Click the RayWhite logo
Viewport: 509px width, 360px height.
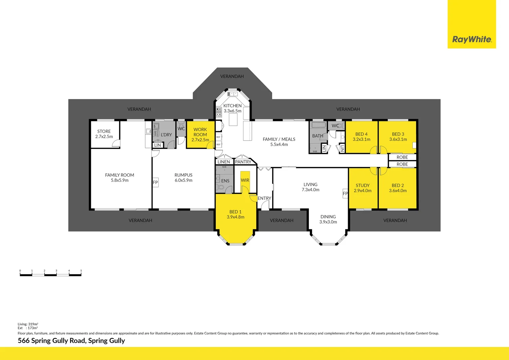click(472, 39)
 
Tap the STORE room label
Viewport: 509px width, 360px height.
click(104, 134)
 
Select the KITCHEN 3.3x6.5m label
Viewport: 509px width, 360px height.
click(233, 108)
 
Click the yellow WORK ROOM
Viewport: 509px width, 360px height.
click(200, 135)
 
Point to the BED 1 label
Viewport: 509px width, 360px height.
click(236, 214)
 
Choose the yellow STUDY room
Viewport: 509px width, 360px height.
click(363, 188)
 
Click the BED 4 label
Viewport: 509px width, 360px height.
click(361, 137)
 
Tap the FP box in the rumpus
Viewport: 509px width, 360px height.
click(155, 182)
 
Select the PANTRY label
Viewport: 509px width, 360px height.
click(243, 162)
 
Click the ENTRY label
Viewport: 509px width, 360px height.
click(264, 198)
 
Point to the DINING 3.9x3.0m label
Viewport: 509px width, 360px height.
click(328, 219)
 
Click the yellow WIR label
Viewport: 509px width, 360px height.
click(245, 180)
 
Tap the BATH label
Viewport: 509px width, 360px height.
click(317, 136)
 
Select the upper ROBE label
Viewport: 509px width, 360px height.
click(402, 157)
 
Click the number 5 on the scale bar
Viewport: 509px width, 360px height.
click(81, 271)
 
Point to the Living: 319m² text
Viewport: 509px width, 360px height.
click(28, 324)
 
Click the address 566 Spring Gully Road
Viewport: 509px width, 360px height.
click(71, 341)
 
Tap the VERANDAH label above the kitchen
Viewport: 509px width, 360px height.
click(232, 76)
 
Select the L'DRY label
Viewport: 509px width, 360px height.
click(166, 135)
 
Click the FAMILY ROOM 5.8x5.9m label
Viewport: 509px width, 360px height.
click(120, 178)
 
